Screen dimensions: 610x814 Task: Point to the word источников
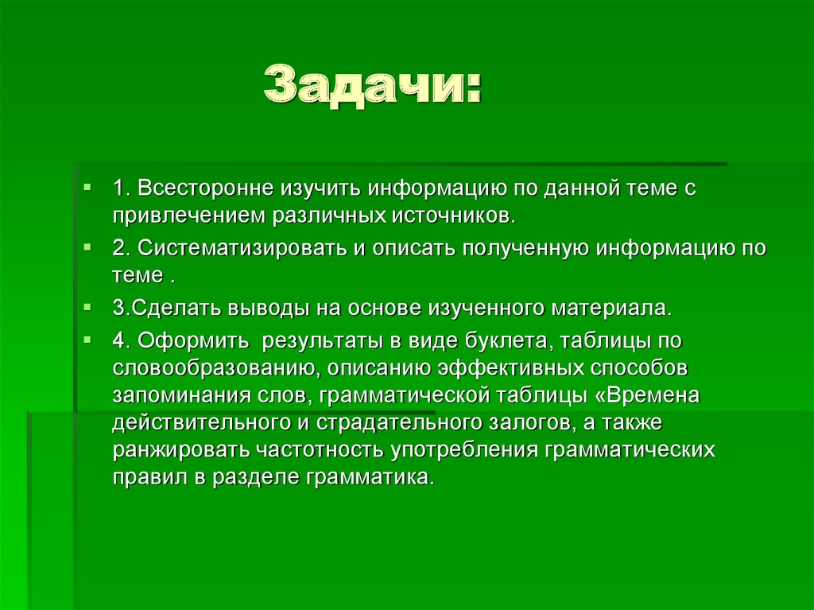coord(454,216)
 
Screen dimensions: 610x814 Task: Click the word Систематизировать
coord(242,248)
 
